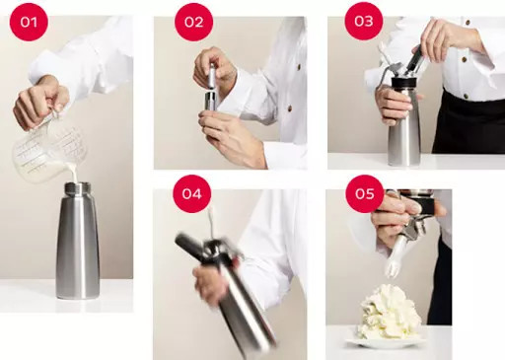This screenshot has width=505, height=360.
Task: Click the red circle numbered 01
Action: coord(29,22)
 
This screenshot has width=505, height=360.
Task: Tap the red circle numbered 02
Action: coord(193,22)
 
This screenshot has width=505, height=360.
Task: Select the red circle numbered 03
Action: coord(364,21)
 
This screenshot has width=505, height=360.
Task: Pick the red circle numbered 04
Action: coord(191,193)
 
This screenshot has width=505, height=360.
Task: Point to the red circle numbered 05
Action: coord(365,193)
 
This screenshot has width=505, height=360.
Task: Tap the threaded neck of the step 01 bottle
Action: coord(78,189)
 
